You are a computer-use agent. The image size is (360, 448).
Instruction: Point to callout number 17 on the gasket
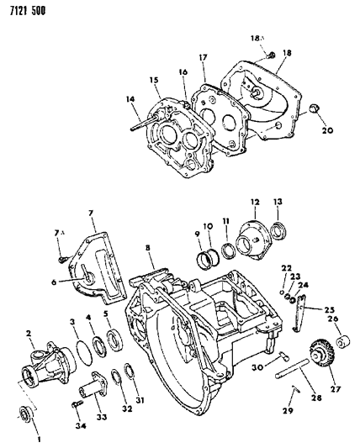[x=203, y=57]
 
